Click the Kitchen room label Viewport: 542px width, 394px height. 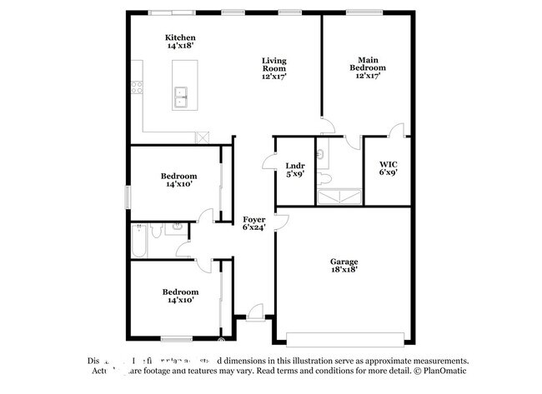(x=180, y=42)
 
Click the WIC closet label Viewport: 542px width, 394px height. (x=388, y=168)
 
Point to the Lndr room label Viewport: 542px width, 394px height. (x=294, y=169)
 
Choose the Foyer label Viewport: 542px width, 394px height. (x=254, y=222)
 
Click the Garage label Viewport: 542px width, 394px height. (x=344, y=266)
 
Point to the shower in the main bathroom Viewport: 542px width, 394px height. (x=339, y=196)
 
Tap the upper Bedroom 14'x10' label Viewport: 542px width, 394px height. (x=178, y=180)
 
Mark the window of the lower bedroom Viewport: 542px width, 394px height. (x=177, y=338)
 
